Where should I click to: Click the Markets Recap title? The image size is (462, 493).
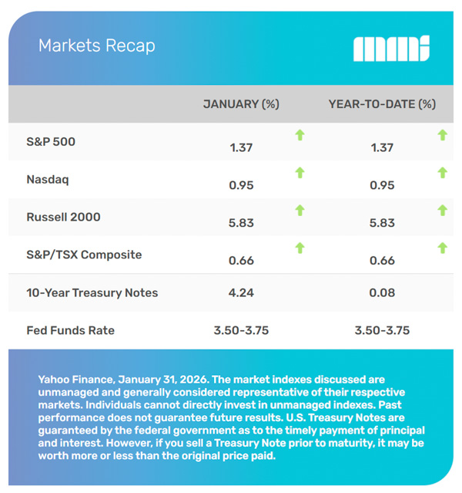[96, 46]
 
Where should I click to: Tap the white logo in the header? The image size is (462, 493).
[390, 49]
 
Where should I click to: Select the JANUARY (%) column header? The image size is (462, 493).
[240, 103]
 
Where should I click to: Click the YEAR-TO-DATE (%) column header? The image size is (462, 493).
[382, 103]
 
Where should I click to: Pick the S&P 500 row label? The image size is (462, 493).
[51, 142]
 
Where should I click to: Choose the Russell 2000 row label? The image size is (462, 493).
[63, 217]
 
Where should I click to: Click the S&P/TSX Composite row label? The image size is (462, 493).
[84, 255]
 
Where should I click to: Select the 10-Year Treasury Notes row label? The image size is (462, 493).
[92, 292]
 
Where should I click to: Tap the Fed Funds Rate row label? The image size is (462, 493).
[70, 330]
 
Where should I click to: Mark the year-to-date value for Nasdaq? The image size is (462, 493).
[382, 186]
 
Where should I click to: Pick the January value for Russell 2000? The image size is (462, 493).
[241, 223]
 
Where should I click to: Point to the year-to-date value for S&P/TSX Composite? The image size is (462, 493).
[382, 261]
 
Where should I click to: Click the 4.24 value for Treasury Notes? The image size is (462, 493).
[241, 292]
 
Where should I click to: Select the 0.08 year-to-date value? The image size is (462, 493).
[382, 292]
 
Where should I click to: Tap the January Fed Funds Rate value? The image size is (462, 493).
[241, 330]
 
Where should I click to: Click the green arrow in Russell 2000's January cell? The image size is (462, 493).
[300, 211]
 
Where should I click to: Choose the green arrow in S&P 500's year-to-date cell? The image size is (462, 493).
[442, 136]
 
